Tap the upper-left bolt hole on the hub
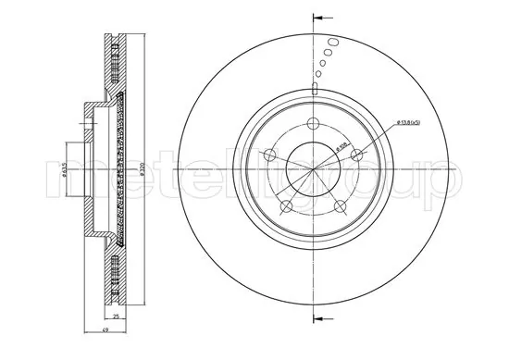pyautogui.click(x=270, y=156)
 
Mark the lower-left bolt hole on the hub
pyautogui.click(x=287, y=205)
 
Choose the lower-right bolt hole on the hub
pyautogui.click(x=340, y=205)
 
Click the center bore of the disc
pyautogui.click(x=314, y=169)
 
